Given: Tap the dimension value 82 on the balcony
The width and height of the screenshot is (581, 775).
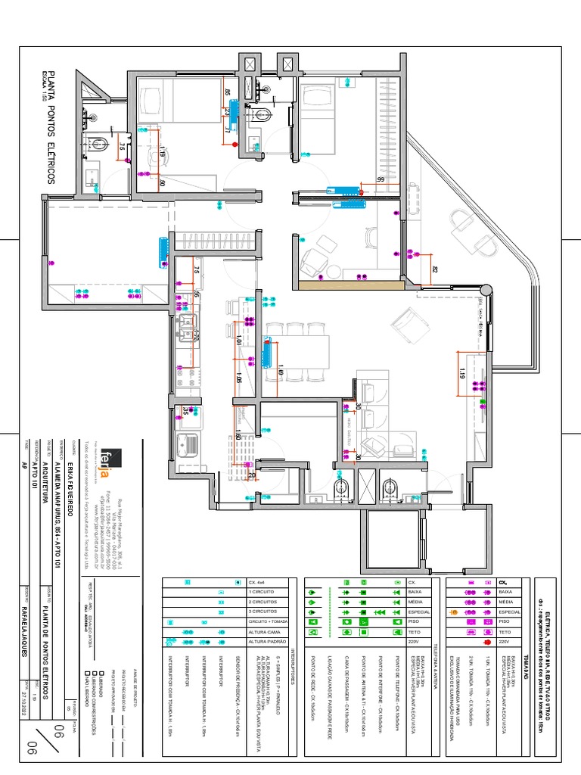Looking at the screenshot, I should [x=434, y=269].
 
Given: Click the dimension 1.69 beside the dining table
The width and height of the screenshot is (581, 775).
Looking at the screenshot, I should [x=281, y=371].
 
